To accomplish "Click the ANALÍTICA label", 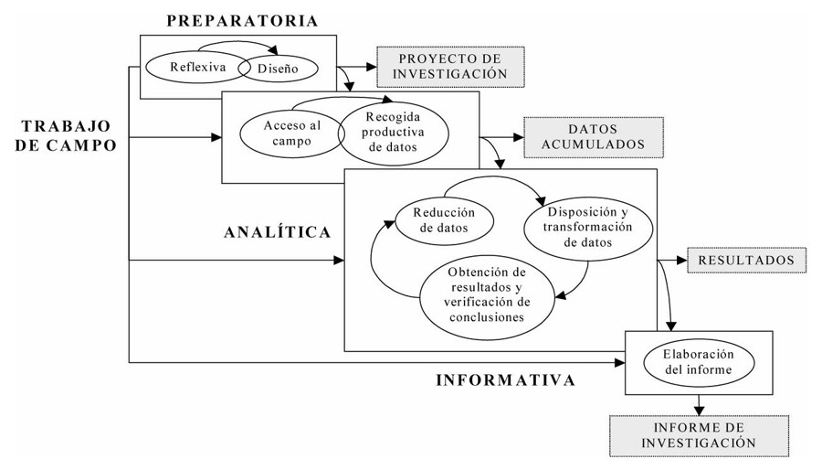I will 277,232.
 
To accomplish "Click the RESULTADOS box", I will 746,261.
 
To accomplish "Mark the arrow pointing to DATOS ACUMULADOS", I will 504,137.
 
